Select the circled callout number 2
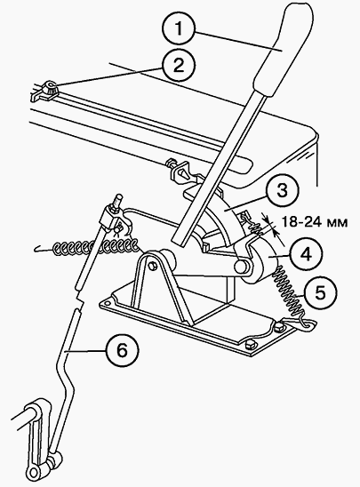pos(179,66)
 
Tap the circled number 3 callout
pos(282,190)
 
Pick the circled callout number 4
pos(306,254)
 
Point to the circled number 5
pos(320,292)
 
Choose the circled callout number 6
pos(122,350)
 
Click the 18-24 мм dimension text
pos(315,222)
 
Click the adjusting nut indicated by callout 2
pos(51,88)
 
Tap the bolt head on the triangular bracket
pos(152,267)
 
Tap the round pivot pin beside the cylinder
pos(241,266)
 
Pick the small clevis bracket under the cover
pos(181,171)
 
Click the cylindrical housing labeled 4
pos(260,262)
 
